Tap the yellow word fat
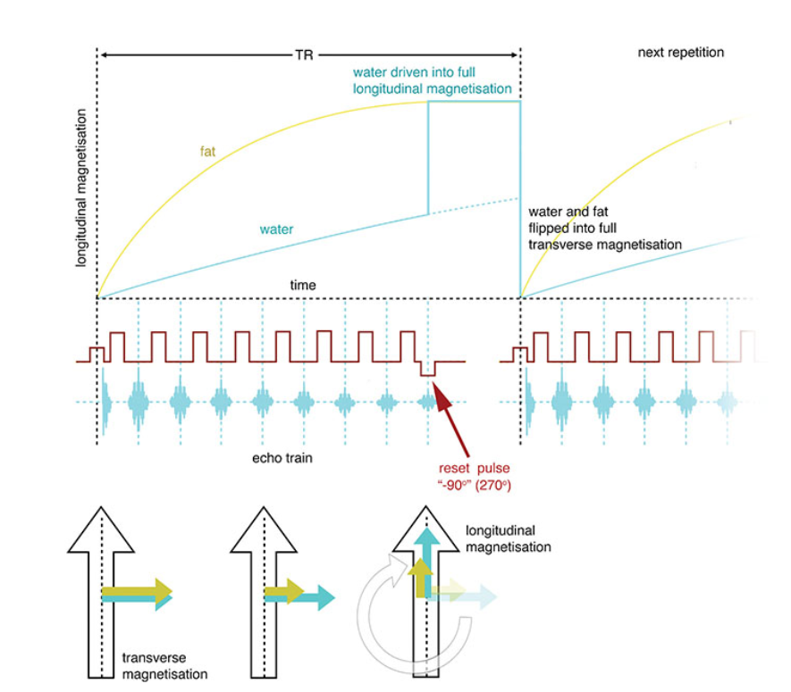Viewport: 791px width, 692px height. coord(207,151)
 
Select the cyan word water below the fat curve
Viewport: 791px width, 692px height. coord(276,229)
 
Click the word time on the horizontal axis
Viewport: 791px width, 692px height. coord(303,285)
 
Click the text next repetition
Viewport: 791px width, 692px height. coord(680,53)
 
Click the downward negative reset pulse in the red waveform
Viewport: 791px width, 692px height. coord(428,370)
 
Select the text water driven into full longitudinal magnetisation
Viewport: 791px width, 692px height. coord(433,80)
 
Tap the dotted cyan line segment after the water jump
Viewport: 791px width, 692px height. coord(474,206)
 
